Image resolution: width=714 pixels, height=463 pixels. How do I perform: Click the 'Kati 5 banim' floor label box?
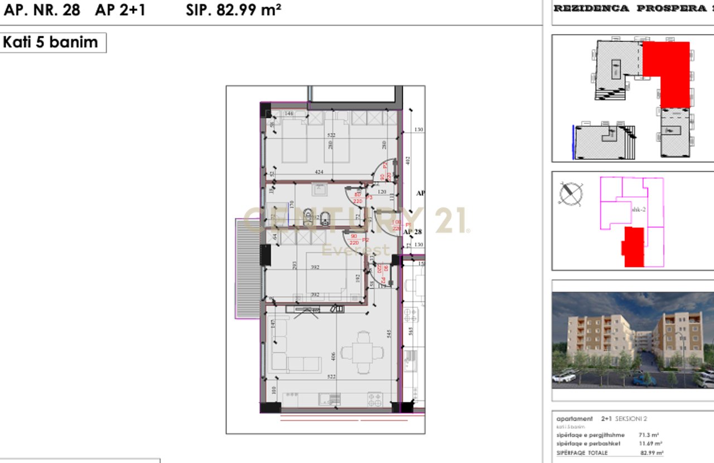(53, 42)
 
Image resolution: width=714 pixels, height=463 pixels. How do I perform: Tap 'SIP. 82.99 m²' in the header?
(234, 10)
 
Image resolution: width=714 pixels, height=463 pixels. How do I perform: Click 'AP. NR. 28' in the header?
(41, 10)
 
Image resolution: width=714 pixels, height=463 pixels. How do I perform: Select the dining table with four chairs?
(363, 353)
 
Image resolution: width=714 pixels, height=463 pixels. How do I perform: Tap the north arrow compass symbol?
(571, 194)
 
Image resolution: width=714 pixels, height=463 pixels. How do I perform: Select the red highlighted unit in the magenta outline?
(634, 247)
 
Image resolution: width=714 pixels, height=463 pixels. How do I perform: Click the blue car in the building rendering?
(645, 380)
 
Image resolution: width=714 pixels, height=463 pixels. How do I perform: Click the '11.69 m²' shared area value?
(651, 444)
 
